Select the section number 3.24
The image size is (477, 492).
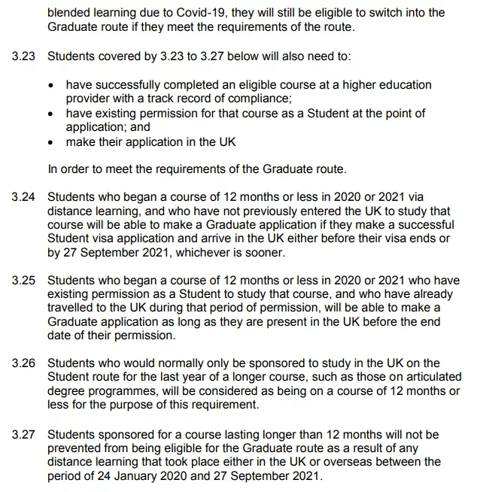click(x=23, y=197)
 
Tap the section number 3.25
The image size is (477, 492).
click(x=23, y=281)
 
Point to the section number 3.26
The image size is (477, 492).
click(x=23, y=363)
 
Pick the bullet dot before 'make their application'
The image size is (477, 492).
click(x=50, y=142)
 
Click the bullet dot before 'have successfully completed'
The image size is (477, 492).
click(x=50, y=85)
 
